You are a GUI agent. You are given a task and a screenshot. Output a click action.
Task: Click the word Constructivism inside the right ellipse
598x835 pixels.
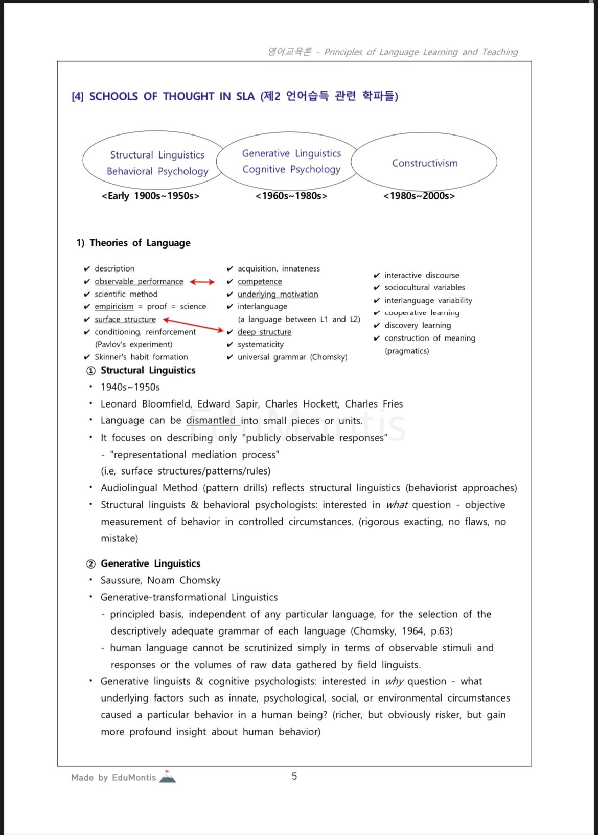[425, 163]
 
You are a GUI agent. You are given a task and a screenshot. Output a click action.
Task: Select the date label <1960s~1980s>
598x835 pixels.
[291, 196]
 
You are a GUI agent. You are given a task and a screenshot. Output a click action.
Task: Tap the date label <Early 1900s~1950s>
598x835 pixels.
[150, 196]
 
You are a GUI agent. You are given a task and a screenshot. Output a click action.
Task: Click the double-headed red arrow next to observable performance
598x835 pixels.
[202, 282]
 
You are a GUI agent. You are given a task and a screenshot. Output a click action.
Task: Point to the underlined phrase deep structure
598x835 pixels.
[264, 332]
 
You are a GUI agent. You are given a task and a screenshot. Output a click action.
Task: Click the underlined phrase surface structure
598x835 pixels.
[125, 319]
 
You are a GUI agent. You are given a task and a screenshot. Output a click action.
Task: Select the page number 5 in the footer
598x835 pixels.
[294, 776]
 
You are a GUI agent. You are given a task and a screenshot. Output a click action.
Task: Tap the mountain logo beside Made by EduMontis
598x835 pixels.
[168, 777]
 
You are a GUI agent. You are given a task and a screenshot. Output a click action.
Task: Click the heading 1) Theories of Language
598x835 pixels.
[133, 243]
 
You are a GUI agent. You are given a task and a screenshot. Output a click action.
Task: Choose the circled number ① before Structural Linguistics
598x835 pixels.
[91, 371]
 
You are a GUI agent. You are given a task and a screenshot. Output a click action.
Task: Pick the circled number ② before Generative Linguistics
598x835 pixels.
[91, 564]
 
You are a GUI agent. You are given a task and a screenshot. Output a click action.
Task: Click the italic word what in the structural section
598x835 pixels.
[397, 505]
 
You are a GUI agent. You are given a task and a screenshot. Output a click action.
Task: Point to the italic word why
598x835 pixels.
[394, 681]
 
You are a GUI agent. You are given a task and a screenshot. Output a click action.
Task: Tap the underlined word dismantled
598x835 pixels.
[211, 420]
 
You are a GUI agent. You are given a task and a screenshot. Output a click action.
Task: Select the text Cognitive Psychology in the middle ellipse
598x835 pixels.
[291, 169]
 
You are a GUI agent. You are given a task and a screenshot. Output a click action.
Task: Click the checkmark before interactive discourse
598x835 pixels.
[377, 276]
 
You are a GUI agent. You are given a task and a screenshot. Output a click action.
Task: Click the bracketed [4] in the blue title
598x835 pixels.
[78, 97]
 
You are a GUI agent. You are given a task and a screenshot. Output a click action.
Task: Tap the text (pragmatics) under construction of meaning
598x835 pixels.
[407, 351]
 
